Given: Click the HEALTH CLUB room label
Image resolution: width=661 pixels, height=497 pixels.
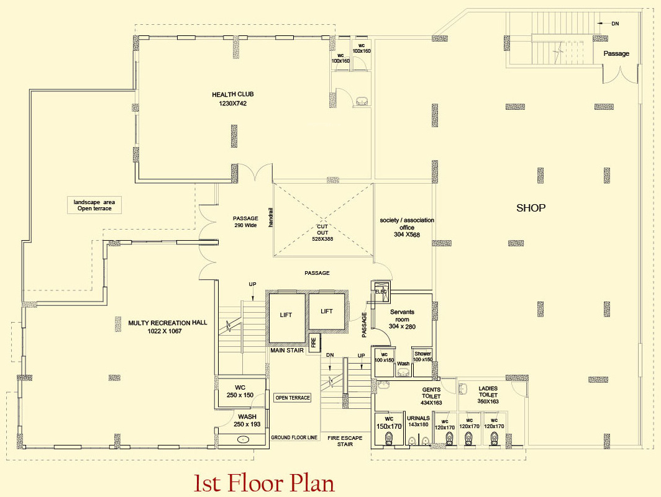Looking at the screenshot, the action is (x=233, y=94).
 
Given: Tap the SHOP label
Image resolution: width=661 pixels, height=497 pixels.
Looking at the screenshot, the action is (x=531, y=208).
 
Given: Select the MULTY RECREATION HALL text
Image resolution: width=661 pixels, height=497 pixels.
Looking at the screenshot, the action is (x=167, y=323).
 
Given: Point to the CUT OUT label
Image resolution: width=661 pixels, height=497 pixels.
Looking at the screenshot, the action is (x=322, y=230).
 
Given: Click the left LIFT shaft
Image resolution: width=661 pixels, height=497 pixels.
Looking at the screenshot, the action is (x=286, y=318).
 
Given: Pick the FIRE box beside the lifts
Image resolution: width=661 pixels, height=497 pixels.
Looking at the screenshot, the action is (x=313, y=342).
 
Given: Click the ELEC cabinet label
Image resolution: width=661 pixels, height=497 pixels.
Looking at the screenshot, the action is (x=381, y=292).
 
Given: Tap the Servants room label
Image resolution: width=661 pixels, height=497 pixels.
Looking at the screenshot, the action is (x=402, y=315).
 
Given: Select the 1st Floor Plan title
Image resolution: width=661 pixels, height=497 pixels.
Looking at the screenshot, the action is (x=264, y=483).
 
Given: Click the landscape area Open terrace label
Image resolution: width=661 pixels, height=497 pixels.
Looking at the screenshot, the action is (x=94, y=205).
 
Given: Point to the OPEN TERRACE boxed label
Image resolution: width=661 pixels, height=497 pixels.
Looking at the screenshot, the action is (x=293, y=398).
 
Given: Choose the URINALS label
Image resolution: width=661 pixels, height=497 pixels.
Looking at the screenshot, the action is (x=418, y=418).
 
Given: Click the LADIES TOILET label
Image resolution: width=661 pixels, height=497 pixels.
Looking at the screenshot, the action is (x=488, y=392).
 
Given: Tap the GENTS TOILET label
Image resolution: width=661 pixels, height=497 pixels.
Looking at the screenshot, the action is (x=431, y=393).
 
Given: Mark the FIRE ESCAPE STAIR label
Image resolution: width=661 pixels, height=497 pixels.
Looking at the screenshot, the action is (x=345, y=441).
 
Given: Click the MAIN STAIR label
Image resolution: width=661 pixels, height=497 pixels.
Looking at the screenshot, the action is (x=287, y=351).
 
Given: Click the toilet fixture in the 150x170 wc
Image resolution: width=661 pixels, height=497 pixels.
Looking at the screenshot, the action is (x=388, y=439).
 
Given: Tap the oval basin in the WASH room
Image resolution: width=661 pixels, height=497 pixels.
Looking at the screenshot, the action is (x=244, y=440).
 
